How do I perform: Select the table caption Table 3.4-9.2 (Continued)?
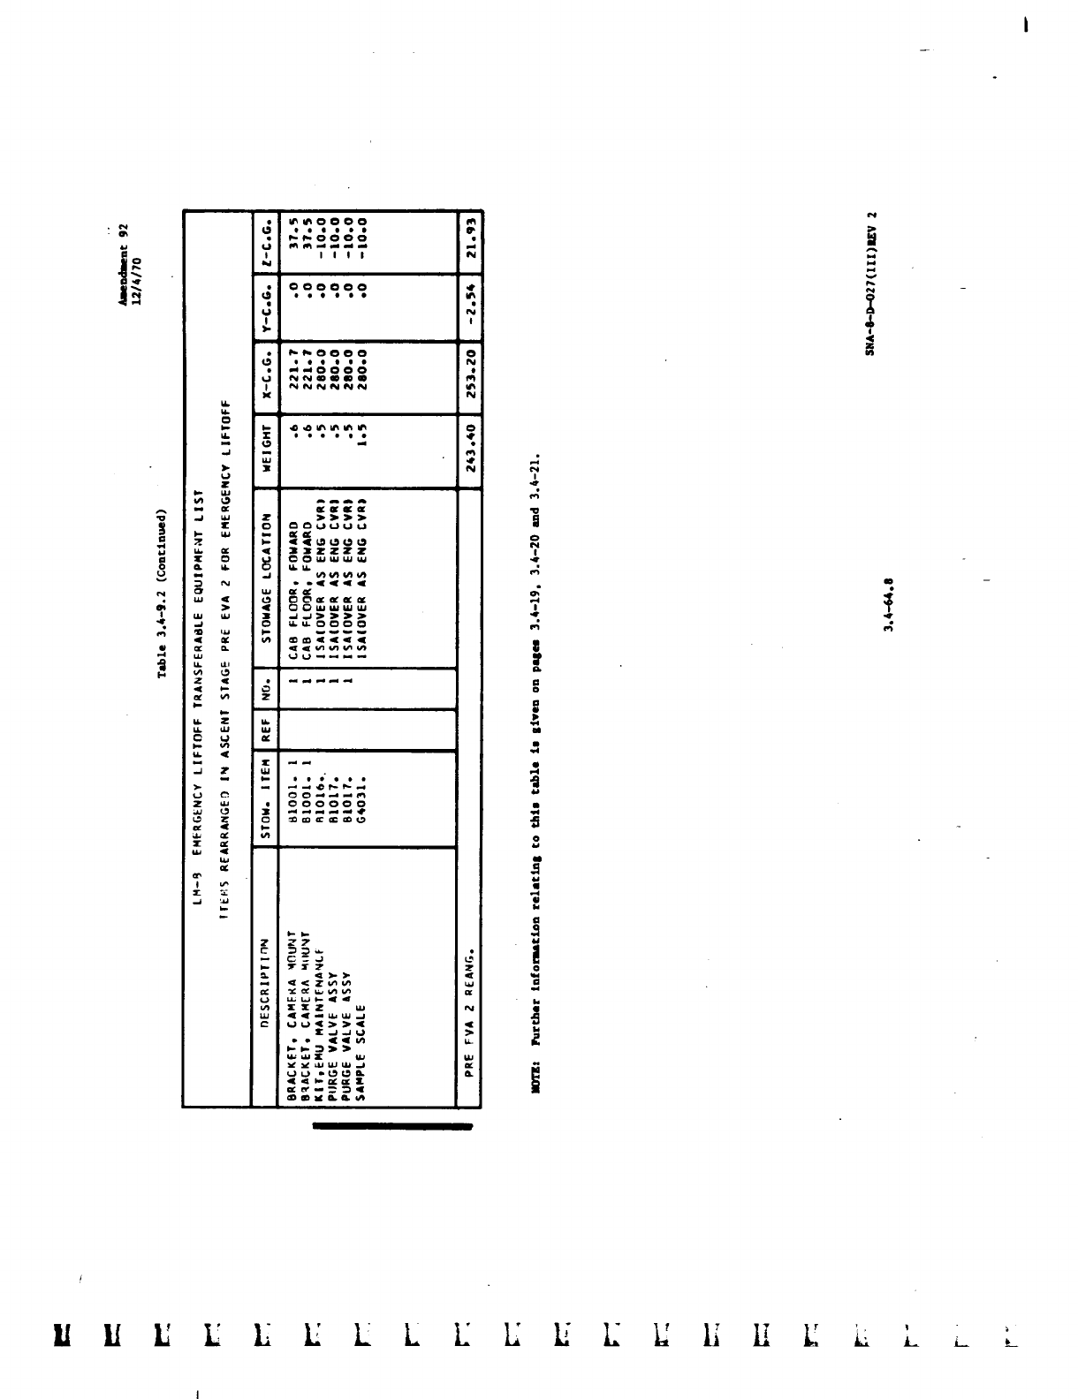coord(163,593)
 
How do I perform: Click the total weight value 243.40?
coord(471,451)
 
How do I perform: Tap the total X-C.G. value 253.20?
coord(471,372)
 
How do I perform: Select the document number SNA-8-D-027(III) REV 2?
coord(870,283)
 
